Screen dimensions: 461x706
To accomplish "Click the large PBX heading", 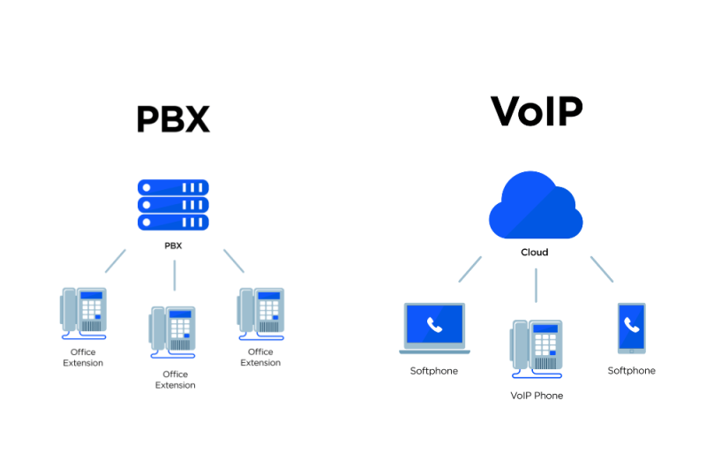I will [x=173, y=118].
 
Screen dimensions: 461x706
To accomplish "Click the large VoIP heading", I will [x=537, y=112].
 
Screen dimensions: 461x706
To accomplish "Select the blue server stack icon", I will [x=173, y=204].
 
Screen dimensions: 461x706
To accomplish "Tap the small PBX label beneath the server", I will [x=173, y=246].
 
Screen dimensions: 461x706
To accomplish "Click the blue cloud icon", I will [x=536, y=208].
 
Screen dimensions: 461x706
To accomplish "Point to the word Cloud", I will [x=534, y=252].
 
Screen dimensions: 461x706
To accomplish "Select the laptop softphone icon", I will [x=434, y=328].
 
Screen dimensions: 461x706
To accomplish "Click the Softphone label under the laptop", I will [x=434, y=371].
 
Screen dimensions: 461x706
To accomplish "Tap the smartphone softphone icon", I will [x=631, y=328].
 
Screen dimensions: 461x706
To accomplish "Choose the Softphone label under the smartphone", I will [x=631, y=371].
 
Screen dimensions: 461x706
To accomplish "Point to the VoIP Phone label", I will [x=536, y=396].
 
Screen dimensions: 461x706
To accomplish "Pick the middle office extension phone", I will [x=173, y=331].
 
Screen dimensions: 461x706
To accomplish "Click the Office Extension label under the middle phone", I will [x=175, y=380].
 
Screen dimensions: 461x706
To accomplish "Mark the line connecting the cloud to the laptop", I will [x=469, y=269].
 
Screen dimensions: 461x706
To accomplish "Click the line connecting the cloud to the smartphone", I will [x=602, y=269].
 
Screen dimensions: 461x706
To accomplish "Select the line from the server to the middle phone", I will [x=175, y=275].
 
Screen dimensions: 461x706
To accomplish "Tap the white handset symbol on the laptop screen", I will [x=433, y=324].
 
